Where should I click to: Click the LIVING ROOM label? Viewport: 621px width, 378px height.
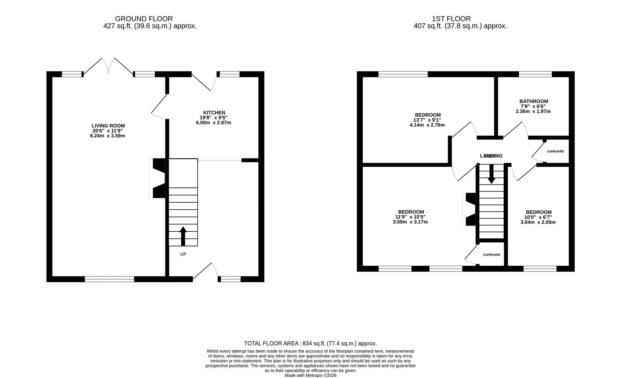108,126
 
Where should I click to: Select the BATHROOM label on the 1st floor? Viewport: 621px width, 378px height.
533,101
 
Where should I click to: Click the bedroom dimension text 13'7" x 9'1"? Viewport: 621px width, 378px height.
427,120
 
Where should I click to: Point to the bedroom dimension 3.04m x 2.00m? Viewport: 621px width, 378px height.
538,222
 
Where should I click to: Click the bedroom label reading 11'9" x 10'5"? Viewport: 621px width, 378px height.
411,217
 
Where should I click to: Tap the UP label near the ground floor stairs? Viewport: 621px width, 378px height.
183,254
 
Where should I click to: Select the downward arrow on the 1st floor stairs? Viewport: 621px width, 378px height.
491,174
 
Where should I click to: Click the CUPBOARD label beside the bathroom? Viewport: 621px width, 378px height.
555,152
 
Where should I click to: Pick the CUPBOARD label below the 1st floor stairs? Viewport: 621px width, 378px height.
491,255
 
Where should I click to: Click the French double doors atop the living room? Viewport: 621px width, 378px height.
109,66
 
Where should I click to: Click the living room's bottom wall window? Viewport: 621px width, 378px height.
110,279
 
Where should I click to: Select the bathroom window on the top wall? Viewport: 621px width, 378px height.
535,74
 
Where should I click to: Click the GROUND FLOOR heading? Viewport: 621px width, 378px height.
144,19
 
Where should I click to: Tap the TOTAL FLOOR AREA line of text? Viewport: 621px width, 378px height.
310,344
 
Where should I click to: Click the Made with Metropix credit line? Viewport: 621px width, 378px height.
310,375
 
